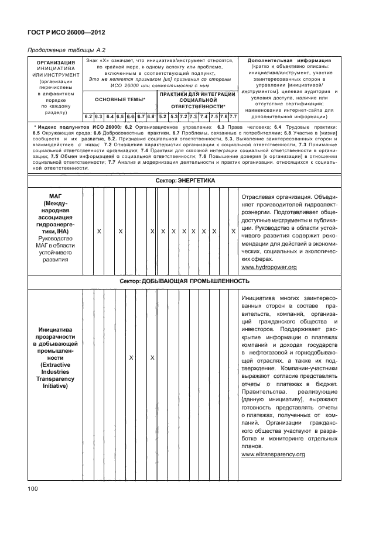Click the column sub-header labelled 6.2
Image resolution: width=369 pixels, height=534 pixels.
(88, 117)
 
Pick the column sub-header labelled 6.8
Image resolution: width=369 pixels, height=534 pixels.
(151, 117)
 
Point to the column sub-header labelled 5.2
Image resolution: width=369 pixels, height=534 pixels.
(163, 117)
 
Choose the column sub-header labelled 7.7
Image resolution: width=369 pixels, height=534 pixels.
(233, 117)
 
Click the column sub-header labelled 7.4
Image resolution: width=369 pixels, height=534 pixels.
(203, 117)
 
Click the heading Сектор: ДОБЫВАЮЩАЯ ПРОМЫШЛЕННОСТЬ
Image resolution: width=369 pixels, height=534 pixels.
(184, 281)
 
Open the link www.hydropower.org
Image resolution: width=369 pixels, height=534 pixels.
(269, 267)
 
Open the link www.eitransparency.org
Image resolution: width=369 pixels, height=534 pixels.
(273, 454)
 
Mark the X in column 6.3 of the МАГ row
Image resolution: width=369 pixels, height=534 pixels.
(99, 232)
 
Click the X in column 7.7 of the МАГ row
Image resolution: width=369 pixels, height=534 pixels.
(233, 232)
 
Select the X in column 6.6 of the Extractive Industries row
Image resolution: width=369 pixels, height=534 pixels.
(131, 357)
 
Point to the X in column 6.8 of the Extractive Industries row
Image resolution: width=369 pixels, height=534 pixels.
(152, 357)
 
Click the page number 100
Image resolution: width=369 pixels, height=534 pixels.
(33, 489)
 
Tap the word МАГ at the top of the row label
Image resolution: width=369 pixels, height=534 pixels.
(55, 197)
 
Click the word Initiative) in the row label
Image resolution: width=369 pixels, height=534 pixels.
(55, 385)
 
